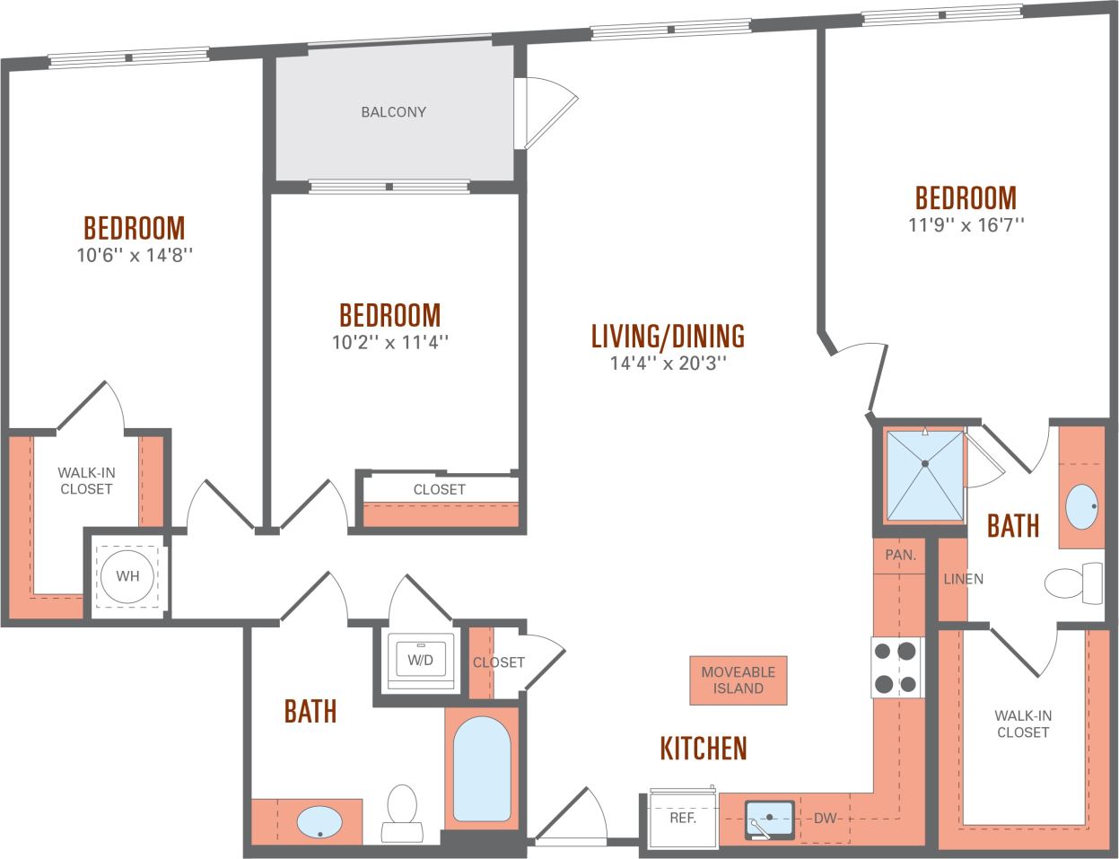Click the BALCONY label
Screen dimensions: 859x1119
coord(393,112)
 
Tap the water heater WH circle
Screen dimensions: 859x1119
coord(127,576)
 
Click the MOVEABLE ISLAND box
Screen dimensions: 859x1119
coord(738,679)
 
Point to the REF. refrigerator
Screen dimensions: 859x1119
coord(683,819)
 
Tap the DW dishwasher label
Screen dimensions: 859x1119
coord(825,819)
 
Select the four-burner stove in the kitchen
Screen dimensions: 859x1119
coord(896,667)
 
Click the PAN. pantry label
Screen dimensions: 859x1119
coord(900,556)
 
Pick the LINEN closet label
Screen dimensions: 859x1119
coord(962,579)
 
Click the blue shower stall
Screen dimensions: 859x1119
coord(924,476)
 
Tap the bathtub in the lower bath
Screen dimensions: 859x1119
coord(482,768)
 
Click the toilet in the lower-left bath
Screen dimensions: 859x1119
coord(401,813)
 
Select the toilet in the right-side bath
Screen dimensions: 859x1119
coord(1073,583)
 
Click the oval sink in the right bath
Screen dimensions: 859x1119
coord(1081,507)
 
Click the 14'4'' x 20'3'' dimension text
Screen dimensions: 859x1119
coord(668,364)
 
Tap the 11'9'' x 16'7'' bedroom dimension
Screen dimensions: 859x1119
coord(966,224)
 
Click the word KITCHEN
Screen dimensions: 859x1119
coord(704,748)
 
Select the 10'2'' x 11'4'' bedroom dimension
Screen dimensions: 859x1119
coord(389,342)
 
